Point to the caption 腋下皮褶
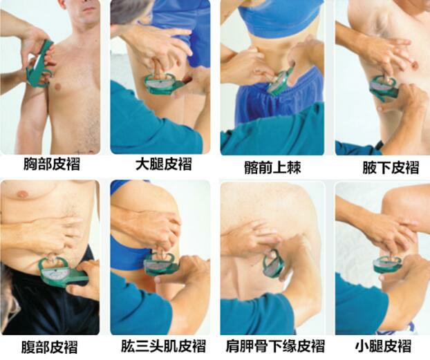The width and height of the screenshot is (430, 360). tap(381, 167)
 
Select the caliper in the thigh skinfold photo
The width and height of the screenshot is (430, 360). tap(161, 83)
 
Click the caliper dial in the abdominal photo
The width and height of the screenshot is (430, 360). tap(55, 273)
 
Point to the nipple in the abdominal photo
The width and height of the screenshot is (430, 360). tap(22, 194)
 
